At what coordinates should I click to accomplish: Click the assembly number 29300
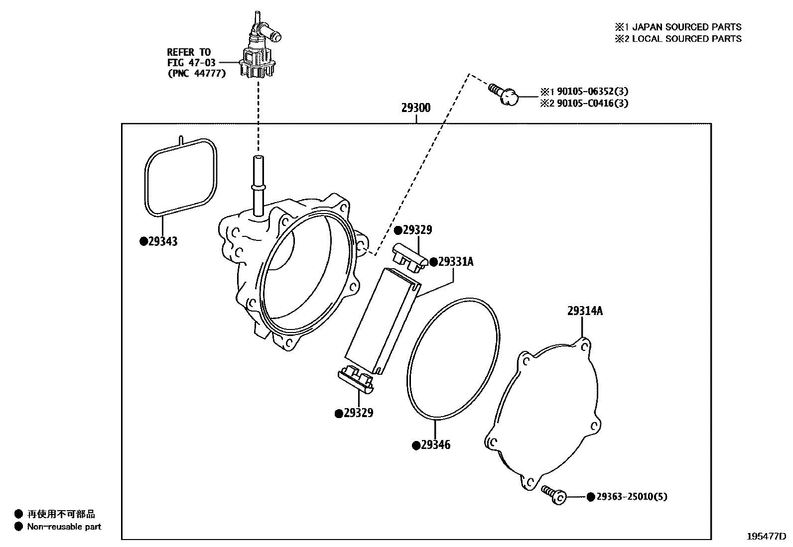point(416,109)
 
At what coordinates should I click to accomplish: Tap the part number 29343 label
point(162,242)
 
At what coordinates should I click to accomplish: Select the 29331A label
point(455,262)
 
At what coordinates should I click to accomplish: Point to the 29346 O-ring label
point(435,445)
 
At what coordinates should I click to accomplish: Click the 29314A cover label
point(585,311)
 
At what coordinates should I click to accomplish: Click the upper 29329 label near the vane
point(417,230)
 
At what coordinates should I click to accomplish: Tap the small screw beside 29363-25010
point(554,494)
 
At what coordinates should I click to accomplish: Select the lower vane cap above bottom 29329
point(356,380)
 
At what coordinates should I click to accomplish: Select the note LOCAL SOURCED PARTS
point(686,39)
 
